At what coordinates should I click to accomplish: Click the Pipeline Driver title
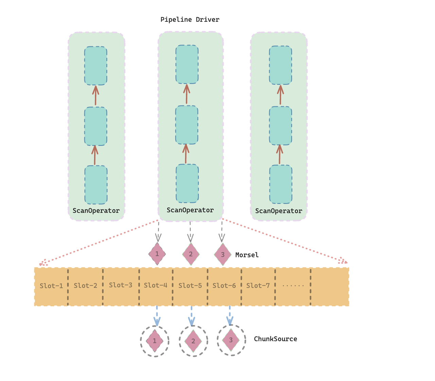coord(190,20)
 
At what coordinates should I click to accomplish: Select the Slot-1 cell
coord(51,286)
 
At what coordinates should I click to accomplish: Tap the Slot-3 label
coord(120,285)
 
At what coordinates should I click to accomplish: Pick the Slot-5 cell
coord(190,286)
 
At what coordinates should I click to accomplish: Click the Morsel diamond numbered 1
coord(157,254)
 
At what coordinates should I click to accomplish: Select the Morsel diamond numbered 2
coord(191,254)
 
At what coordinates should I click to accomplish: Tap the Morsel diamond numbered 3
coord(223,254)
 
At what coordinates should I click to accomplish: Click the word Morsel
coord(247,255)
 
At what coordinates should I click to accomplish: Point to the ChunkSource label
coord(275,339)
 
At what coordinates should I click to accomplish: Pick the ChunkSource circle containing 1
coord(155,341)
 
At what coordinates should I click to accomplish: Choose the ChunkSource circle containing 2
coord(193,341)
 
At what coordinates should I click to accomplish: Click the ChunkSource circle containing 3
coord(231,340)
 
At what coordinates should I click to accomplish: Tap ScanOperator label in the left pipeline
coord(96,211)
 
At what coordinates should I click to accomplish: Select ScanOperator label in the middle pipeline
coord(190,210)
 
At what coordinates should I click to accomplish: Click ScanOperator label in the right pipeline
coord(279,211)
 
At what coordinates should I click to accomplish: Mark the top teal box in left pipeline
coord(96,66)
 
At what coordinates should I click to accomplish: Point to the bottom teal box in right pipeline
coord(281,184)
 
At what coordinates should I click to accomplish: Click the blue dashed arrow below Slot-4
coord(157,316)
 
